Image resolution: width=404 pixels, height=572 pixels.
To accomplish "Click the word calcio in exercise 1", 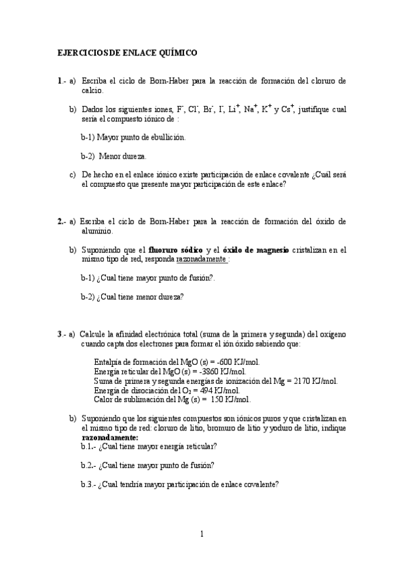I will point(92,90).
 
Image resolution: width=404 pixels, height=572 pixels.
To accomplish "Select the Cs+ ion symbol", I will point(287,108).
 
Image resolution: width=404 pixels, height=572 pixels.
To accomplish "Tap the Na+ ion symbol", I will point(251,108).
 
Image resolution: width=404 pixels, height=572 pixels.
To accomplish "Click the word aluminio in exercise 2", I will point(96,231).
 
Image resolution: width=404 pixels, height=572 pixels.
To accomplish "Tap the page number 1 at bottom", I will point(201,534).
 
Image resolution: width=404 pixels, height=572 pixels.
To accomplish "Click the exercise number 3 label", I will point(60,334).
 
